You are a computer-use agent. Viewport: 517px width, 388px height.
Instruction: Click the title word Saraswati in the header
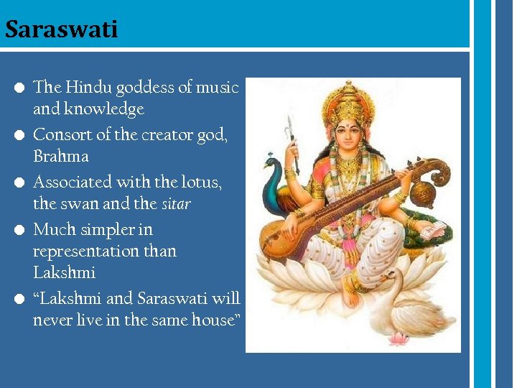(60, 29)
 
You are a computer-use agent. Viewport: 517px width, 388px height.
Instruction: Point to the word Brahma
(61, 157)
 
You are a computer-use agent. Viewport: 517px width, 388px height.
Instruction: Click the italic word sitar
(176, 204)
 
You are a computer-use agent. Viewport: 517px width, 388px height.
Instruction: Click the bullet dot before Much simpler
(20, 230)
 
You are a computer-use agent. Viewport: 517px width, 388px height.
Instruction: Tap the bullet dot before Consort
(20, 135)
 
